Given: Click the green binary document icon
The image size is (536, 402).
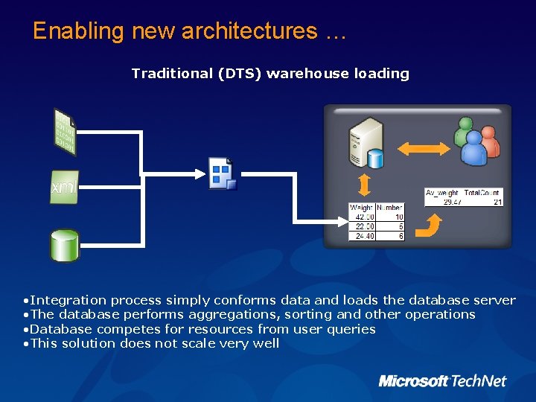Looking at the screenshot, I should (65, 133).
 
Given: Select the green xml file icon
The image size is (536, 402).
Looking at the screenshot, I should (64, 188).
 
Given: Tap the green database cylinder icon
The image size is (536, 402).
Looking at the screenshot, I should (64, 245).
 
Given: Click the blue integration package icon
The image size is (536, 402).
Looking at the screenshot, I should (223, 174).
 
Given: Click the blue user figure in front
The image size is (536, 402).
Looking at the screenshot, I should (473, 148).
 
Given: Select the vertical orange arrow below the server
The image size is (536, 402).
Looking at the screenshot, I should (365, 185).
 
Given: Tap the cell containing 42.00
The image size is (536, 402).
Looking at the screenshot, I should (362, 217).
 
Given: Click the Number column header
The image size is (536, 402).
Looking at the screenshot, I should (390, 207).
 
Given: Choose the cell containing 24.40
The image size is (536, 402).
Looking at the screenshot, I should (362, 236).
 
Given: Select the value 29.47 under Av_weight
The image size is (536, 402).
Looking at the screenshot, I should (452, 202).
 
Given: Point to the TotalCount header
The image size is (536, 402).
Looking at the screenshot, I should (485, 193).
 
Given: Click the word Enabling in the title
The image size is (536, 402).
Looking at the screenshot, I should (78, 31).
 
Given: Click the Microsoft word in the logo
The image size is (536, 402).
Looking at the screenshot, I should (413, 381).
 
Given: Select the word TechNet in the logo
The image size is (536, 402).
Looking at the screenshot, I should (479, 381).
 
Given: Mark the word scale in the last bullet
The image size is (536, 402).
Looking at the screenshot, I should (199, 343).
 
